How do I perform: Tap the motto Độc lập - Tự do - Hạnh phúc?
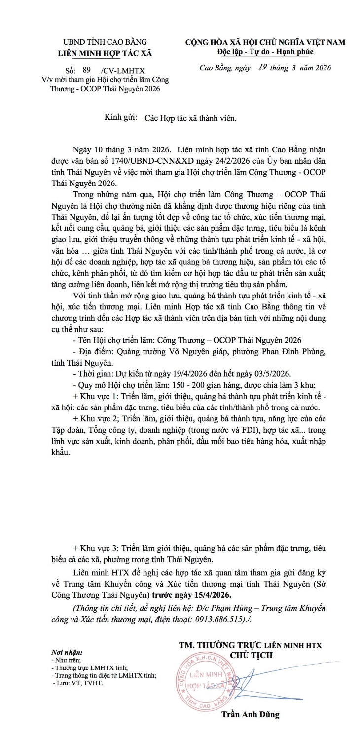click(x=264, y=52)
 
